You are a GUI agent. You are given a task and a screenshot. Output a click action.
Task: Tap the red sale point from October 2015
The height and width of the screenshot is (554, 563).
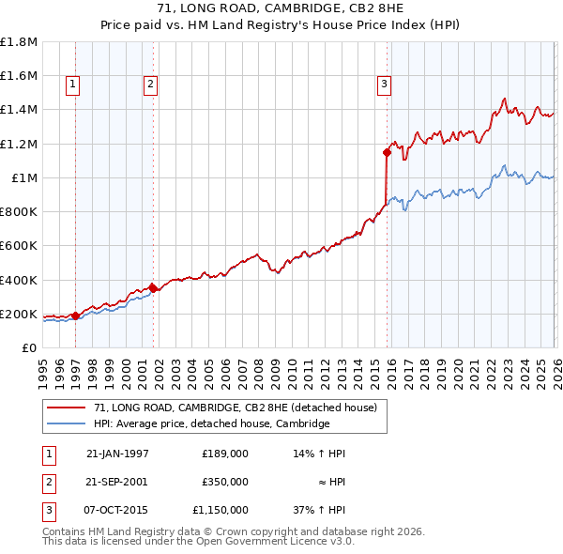point(387,152)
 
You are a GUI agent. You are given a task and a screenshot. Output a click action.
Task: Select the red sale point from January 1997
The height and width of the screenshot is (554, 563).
point(75,315)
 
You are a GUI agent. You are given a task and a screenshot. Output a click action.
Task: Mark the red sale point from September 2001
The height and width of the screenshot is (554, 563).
point(153,288)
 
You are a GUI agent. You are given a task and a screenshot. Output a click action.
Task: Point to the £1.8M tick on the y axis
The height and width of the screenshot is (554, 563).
point(19,42)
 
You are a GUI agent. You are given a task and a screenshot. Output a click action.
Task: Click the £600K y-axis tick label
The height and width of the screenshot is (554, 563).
point(19,246)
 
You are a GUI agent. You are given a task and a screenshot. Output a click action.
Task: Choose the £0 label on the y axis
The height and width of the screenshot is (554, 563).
point(28,348)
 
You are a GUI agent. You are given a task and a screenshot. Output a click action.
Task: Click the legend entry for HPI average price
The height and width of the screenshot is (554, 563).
point(211,423)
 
